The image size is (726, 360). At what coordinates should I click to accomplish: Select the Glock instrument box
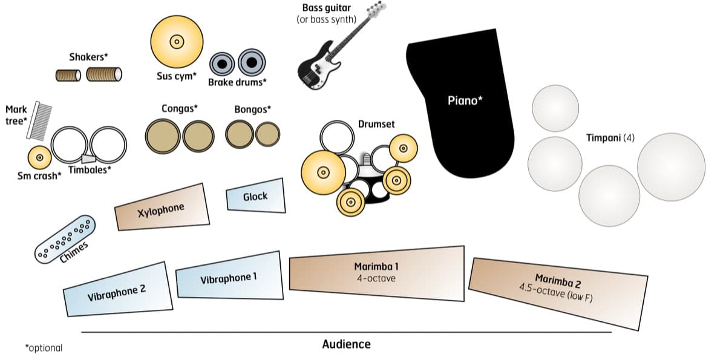click(255, 196)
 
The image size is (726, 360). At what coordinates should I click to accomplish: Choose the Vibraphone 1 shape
click(229, 277)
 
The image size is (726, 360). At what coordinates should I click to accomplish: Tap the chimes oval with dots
click(65, 240)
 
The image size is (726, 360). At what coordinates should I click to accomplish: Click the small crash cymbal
click(39, 158)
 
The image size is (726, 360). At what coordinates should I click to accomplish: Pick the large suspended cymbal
click(176, 42)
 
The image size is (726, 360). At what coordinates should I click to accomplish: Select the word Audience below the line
click(346, 344)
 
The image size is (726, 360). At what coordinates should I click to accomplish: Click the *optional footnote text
click(44, 348)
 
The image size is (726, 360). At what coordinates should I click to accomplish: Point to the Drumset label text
click(376, 124)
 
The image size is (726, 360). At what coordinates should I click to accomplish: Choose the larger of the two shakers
click(103, 74)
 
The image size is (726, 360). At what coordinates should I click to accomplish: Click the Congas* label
click(180, 109)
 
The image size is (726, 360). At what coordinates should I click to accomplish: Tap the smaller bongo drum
click(267, 134)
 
